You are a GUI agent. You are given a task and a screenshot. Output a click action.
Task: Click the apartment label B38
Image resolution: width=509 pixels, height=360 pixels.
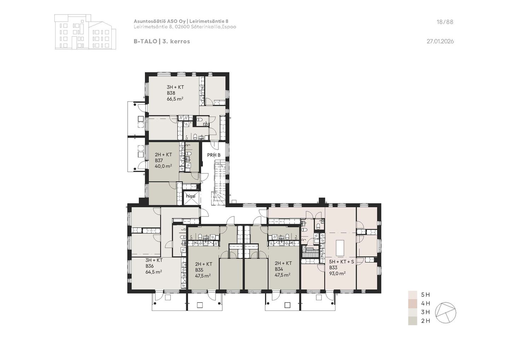tap(171, 93)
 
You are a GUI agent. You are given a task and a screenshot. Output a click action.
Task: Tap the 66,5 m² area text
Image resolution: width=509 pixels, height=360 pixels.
tap(175, 99)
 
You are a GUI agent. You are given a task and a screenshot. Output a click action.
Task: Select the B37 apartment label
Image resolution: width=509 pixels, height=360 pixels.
tap(159, 161)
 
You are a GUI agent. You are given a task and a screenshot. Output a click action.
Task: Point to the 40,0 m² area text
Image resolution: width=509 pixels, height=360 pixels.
tap(163, 166)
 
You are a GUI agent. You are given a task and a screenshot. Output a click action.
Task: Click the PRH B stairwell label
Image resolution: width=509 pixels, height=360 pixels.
tap(213, 155)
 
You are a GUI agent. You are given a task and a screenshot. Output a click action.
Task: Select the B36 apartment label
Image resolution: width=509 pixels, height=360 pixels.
tap(150, 266)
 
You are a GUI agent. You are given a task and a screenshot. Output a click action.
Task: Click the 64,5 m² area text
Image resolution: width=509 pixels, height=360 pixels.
tap(154, 272)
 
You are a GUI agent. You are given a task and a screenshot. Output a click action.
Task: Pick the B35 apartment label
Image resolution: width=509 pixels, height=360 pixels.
tap(199, 270)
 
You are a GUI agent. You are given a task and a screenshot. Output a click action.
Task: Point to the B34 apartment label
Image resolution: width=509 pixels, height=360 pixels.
tap(279, 269)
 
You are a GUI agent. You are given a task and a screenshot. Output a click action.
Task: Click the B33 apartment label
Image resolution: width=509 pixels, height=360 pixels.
tap(333, 268)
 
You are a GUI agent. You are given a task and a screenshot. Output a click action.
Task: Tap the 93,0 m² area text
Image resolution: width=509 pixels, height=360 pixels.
tap(338, 273)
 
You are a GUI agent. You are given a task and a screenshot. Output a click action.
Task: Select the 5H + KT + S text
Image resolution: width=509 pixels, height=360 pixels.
tap(341, 262)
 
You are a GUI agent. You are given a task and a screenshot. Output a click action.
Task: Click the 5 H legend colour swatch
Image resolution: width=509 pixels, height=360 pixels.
tap(413, 295)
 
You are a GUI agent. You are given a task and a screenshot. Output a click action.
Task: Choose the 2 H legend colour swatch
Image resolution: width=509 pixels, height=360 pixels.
tap(413, 321)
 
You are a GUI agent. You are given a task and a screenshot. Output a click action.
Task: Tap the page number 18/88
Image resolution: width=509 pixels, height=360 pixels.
tap(445, 22)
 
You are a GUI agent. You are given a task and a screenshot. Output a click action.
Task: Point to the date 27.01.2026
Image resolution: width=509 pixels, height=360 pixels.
tap(440, 41)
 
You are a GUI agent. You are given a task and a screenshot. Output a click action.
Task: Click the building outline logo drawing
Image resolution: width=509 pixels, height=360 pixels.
tap(85, 32)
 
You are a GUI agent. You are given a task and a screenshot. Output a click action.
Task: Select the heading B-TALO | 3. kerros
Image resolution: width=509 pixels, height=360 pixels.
tap(162, 41)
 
